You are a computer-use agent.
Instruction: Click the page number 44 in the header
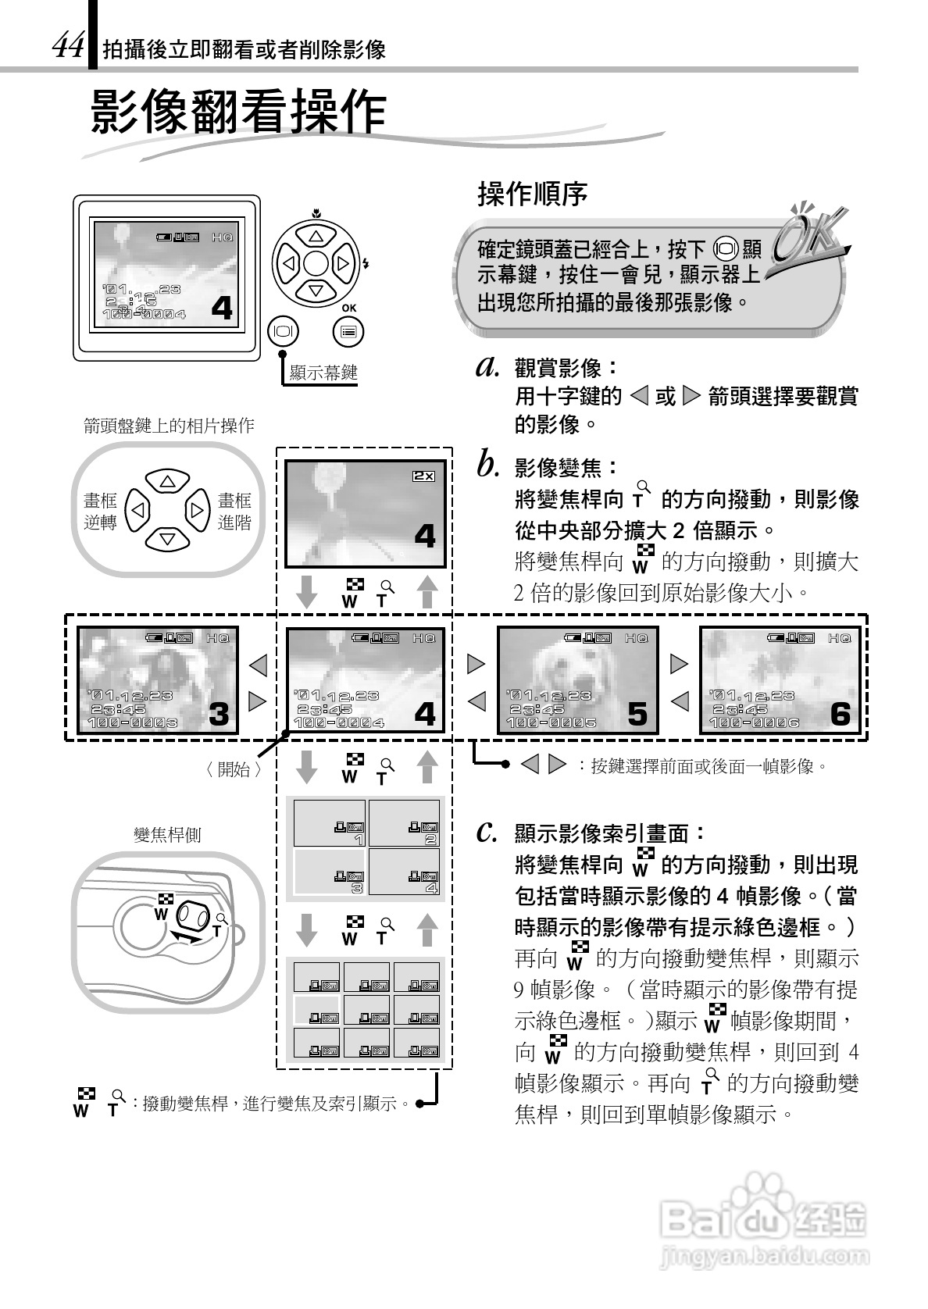coord(67,48)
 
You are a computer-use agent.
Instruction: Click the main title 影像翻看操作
coord(239,112)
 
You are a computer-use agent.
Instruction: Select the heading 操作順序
coord(532,194)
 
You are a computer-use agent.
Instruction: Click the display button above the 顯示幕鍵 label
coord(283,331)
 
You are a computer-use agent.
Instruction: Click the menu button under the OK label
coord(348,332)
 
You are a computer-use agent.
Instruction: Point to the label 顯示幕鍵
coord(323,373)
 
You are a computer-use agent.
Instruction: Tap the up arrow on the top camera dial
coord(316,236)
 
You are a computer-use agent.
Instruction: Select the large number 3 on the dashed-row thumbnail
coord(220,713)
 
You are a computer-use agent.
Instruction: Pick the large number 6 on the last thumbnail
coord(840,713)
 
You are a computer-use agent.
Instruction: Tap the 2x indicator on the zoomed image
coord(423,475)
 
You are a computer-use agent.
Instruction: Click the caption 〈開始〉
coord(233,769)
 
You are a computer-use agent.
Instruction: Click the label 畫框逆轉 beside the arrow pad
coord(100,512)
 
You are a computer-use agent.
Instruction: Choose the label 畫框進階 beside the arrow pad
coord(234,512)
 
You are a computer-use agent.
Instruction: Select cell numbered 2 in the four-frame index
coord(404,823)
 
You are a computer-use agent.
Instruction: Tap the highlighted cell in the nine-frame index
coord(316,1009)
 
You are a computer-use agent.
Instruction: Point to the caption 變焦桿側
coord(167,835)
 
